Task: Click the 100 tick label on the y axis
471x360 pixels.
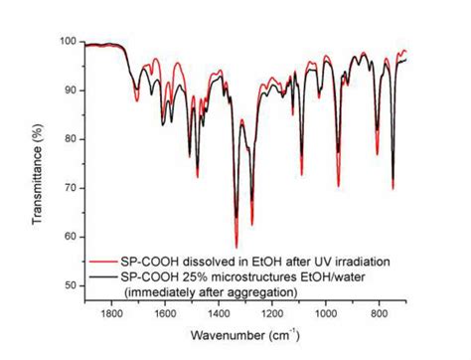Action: tap(68, 41)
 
